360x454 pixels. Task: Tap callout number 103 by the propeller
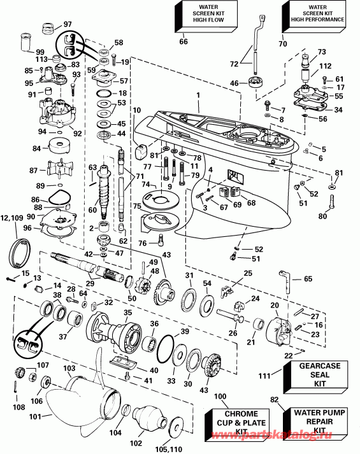(69, 368)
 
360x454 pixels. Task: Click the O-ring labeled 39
(167, 348)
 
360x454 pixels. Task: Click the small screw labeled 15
(12, 278)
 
